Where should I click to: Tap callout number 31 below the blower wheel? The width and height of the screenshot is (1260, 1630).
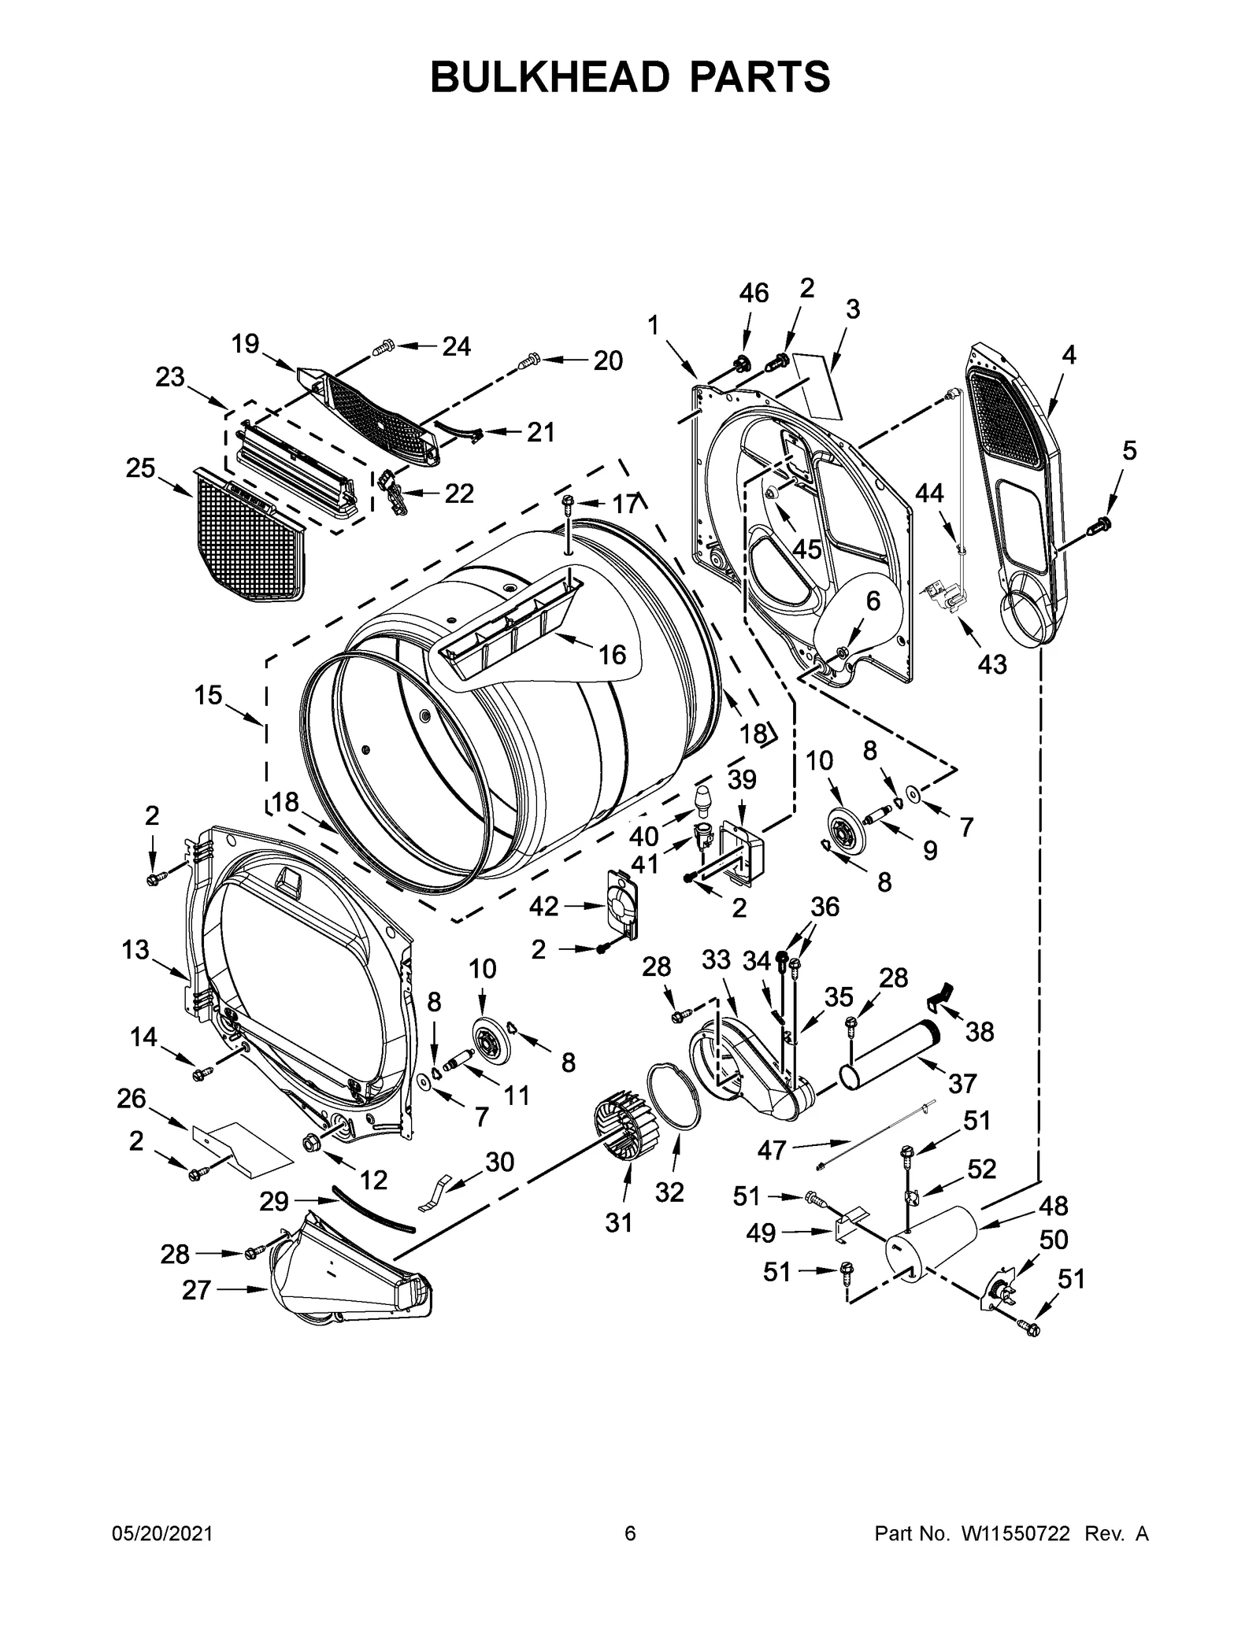coord(619,1222)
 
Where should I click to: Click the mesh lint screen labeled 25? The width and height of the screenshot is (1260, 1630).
coord(246,535)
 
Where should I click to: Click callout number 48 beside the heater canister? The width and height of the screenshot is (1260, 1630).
coord(1054,1205)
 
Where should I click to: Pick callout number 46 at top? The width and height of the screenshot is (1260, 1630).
coord(754,293)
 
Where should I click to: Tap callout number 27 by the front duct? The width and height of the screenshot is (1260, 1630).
coord(196,1291)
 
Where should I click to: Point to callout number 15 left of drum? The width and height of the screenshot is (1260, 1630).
coord(209,695)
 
